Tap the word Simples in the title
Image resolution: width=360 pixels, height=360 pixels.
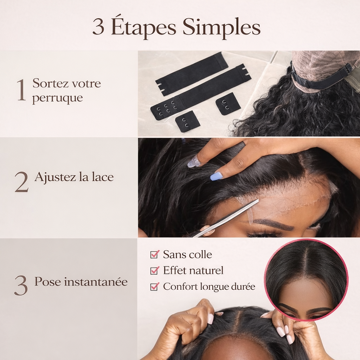221,28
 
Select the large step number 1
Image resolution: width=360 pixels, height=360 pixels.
21,90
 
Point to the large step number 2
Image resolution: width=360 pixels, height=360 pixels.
21,182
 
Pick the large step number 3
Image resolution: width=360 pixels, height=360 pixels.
21,285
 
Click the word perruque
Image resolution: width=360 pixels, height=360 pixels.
57,98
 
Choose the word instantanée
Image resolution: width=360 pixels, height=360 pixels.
96,282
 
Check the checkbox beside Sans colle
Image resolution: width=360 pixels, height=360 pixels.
155,254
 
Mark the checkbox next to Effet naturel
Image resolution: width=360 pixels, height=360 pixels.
155,270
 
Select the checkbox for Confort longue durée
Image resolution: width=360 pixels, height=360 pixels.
155,286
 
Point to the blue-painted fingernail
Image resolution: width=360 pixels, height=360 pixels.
217,176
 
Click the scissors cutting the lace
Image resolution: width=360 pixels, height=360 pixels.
226,218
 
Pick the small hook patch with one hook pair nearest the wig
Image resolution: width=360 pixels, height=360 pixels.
228,104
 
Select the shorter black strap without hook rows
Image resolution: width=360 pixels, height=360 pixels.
192,74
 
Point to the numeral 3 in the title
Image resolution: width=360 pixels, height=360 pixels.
98,28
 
